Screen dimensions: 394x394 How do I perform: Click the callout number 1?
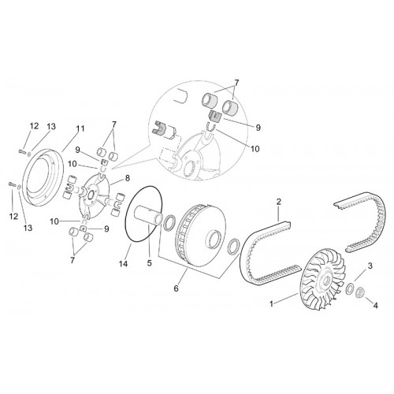272,304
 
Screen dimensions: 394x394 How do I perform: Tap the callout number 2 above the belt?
279,202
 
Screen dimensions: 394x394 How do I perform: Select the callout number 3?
370,266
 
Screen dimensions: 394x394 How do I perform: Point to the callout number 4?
376,306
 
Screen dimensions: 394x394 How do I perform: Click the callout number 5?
150,263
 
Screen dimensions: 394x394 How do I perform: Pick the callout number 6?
176,288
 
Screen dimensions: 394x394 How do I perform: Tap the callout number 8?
128,178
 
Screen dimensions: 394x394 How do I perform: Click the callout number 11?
80,128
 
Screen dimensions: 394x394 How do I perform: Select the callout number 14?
124,263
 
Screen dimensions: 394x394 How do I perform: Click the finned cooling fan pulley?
322,281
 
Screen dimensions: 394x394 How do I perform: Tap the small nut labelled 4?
361,292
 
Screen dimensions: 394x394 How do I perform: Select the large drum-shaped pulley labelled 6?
202,234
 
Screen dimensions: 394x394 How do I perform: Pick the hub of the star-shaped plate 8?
91,195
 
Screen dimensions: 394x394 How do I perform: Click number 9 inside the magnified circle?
258,128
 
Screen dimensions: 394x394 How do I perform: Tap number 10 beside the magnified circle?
255,149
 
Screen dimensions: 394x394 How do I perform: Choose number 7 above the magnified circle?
236,83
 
